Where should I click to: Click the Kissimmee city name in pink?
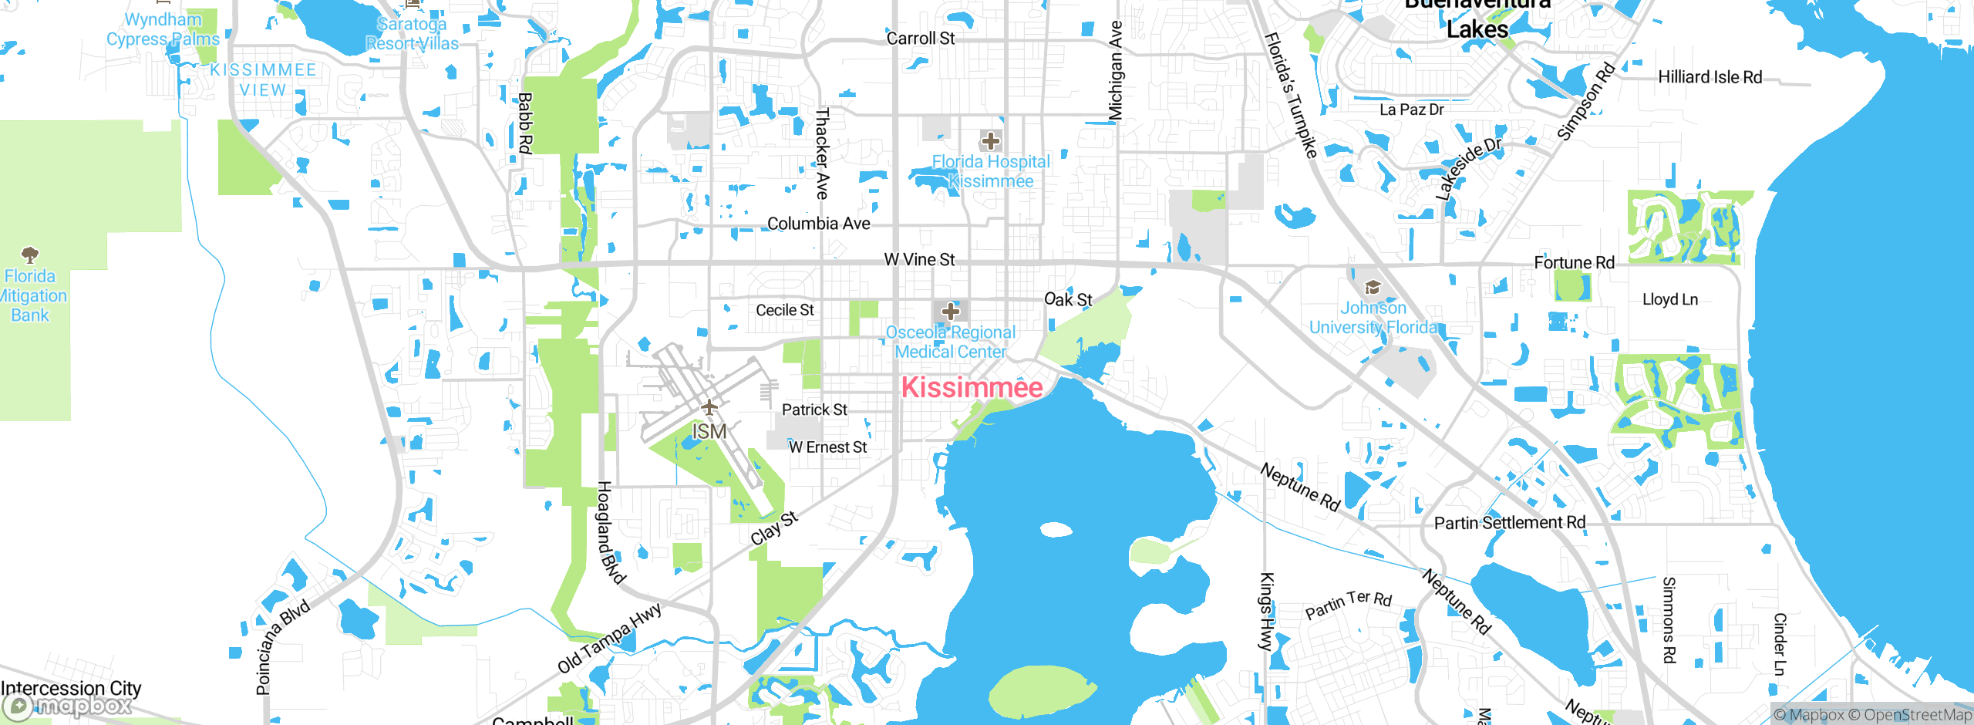[972, 387]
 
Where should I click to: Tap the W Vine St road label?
[919, 260]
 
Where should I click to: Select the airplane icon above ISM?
[709, 407]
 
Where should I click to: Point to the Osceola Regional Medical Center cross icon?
[951, 312]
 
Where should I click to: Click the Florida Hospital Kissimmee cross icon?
[991, 141]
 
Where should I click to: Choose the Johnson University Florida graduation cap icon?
[1373, 288]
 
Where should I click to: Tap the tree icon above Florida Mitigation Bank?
[30, 255]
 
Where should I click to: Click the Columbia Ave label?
[818, 224]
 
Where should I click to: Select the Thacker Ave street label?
[823, 153]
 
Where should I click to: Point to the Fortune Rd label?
[1574, 263]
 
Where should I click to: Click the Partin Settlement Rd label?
[1509, 523]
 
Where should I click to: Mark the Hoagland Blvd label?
[611, 532]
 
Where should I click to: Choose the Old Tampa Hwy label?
[609, 639]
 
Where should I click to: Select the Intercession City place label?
[71, 688]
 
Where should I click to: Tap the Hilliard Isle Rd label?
[1710, 77]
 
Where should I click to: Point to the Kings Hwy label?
[1266, 612]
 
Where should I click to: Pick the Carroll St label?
[920, 39]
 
